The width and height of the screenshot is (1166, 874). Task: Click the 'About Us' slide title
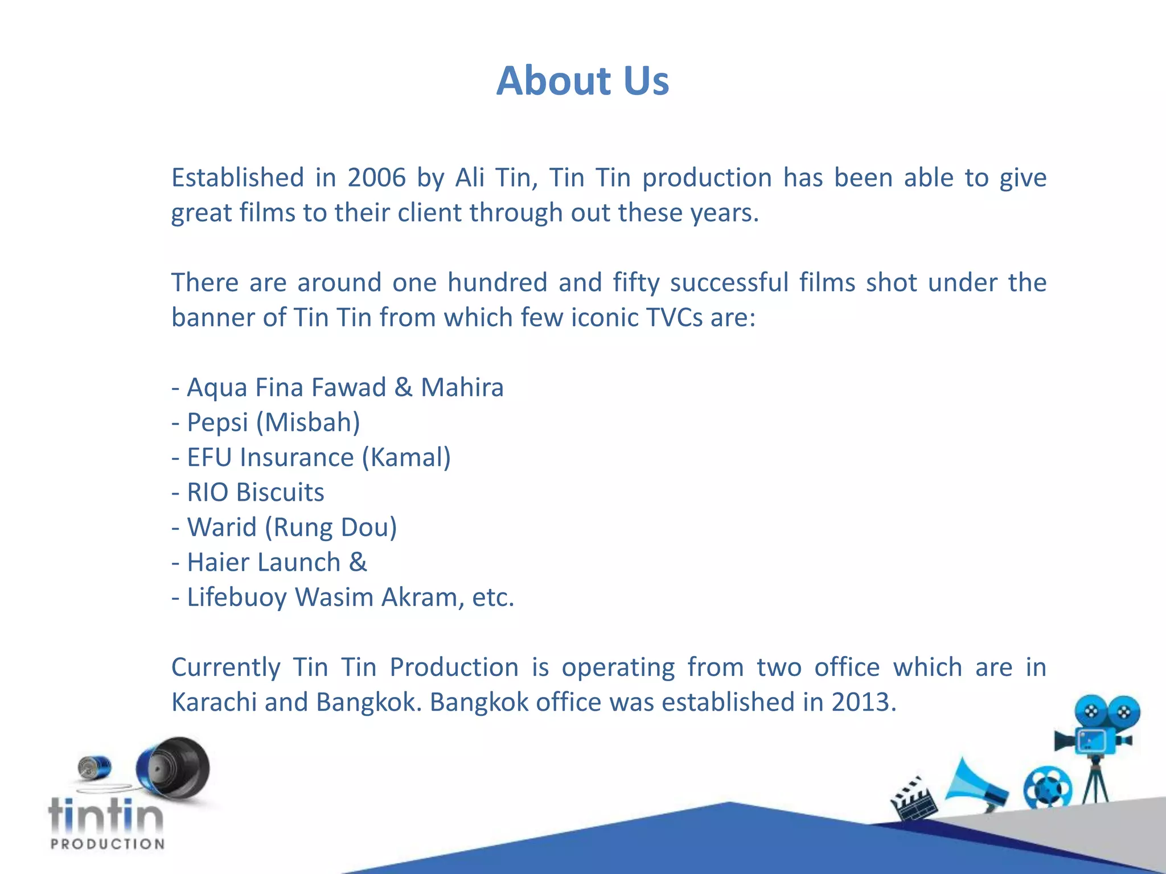pyautogui.click(x=582, y=80)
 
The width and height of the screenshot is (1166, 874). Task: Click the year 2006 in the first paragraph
pyautogui.click(x=376, y=178)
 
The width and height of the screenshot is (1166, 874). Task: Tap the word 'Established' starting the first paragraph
pyautogui.click(x=237, y=178)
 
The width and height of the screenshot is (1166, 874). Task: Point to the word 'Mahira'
pyautogui.click(x=462, y=387)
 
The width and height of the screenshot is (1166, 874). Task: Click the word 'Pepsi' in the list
pyautogui.click(x=217, y=423)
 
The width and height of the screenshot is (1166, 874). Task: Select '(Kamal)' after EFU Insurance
pyautogui.click(x=406, y=457)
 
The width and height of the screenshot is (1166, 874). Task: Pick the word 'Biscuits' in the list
pyautogui.click(x=280, y=493)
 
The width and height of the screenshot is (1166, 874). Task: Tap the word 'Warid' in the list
pyautogui.click(x=222, y=527)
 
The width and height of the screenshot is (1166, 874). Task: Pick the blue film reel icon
pyautogui.click(x=1047, y=788)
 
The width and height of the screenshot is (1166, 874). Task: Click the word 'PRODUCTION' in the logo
pyautogui.click(x=107, y=844)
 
